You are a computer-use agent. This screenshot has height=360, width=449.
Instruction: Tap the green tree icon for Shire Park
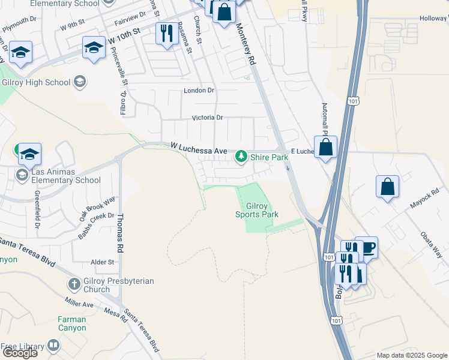pos(241,157)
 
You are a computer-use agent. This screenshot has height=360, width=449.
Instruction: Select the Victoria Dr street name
pos(207,118)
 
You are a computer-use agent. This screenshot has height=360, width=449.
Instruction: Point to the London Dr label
pos(199,91)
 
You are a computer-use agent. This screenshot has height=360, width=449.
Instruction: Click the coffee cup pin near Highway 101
pos(367,247)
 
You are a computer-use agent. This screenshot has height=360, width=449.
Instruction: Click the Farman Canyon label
pos(72,323)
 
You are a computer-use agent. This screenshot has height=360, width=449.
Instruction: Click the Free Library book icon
pos(53,346)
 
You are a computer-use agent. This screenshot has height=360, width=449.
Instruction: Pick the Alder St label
pos(102,262)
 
